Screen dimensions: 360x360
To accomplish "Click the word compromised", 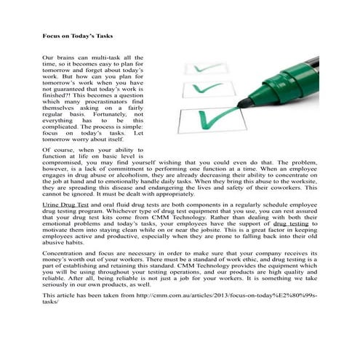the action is [65, 164].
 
